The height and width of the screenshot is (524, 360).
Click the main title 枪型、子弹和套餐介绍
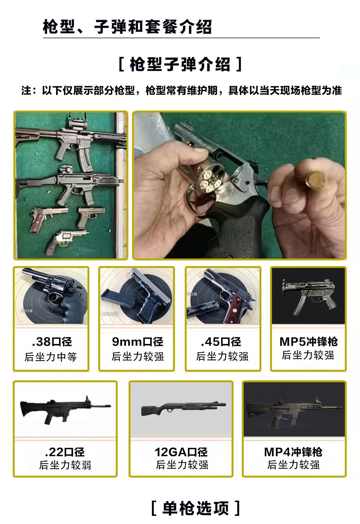(127, 27)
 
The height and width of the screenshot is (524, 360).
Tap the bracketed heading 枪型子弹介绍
(180, 64)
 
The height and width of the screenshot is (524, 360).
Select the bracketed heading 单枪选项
(196, 508)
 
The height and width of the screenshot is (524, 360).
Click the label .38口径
(52, 342)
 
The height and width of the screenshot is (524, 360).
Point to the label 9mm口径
(138, 342)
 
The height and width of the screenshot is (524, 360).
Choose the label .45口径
(221, 342)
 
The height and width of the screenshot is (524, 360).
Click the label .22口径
(64, 452)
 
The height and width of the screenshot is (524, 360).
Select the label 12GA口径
(181, 452)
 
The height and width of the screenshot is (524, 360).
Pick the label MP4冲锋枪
(293, 452)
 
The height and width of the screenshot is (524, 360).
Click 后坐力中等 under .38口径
(51, 357)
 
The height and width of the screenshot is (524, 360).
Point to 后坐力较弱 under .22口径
(65, 465)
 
